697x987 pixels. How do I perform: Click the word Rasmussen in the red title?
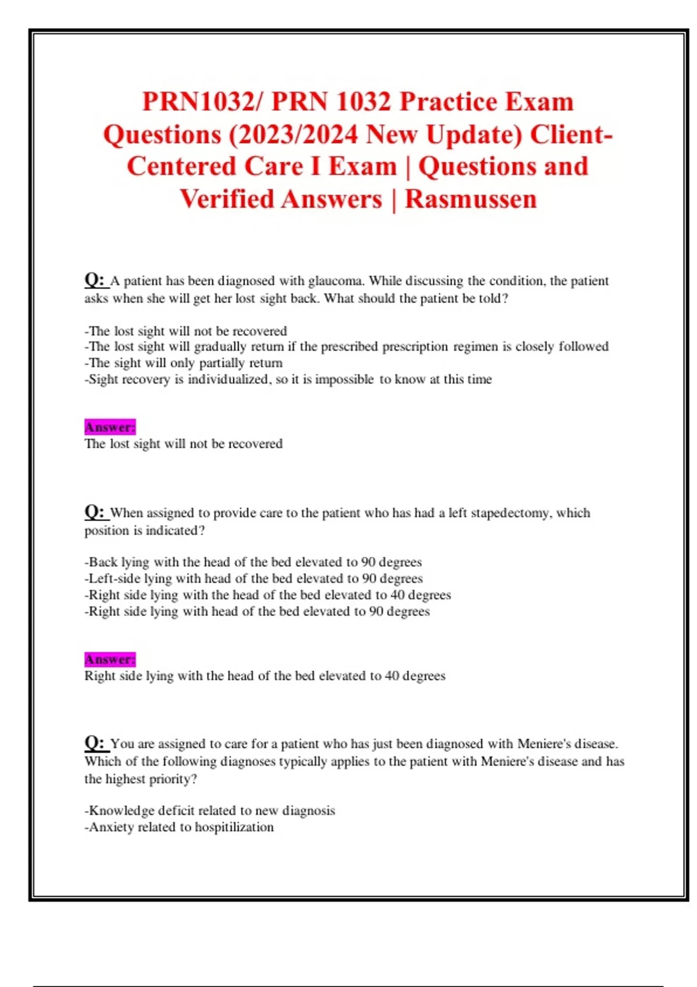click(x=470, y=199)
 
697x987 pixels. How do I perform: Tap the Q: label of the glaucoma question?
click(x=95, y=280)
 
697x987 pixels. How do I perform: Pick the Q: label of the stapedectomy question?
click(x=95, y=512)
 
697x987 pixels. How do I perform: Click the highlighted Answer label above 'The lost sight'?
click(x=110, y=427)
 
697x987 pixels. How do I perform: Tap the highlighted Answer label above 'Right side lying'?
click(x=110, y=660)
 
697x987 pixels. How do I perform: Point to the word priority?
click(x=173, y=779)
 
